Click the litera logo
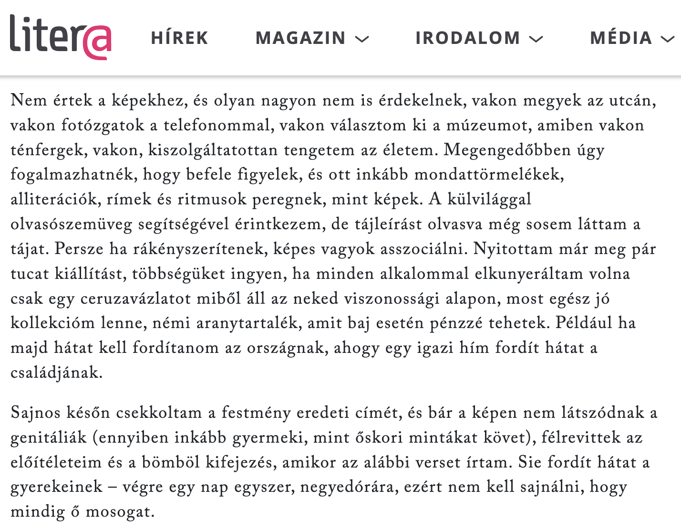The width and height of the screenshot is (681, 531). tap(60, 37)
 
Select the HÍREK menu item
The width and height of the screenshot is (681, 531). tap(180, 38)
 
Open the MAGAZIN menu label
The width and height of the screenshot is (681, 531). tap(300, 38)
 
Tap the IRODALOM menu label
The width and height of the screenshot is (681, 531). tap(467, 38)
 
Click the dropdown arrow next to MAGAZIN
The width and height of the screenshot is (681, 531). tap(362, 39)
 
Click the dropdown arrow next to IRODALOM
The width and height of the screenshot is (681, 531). tap(537, 39)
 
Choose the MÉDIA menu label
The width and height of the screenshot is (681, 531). tap(621, 38)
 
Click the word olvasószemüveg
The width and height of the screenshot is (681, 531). tap(71, 224)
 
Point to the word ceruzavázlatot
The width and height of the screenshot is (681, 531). tap(140, 299)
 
